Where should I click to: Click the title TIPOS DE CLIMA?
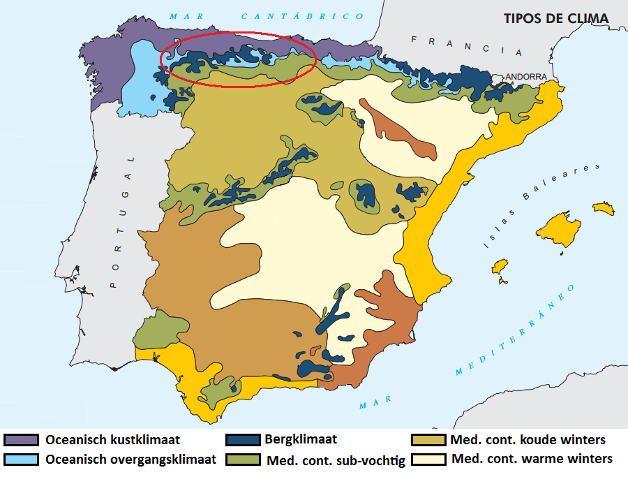click(556, 18)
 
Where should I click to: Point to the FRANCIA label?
click(466, 46)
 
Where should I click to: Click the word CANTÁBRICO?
click(302, 15)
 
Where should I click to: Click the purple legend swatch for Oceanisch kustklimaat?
click(21, 440)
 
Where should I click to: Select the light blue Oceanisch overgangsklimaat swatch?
click(21, 459)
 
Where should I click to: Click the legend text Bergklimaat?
click(301, 439)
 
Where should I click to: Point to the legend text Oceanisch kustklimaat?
click(112, 440)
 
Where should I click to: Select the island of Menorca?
click(603, 208)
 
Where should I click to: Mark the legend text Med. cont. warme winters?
click(532, 459)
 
